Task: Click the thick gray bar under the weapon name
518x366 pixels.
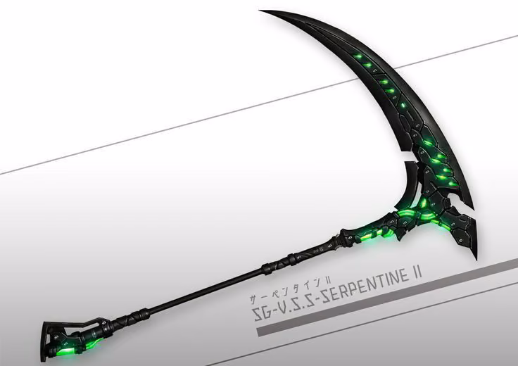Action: click(x=387, y=297)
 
